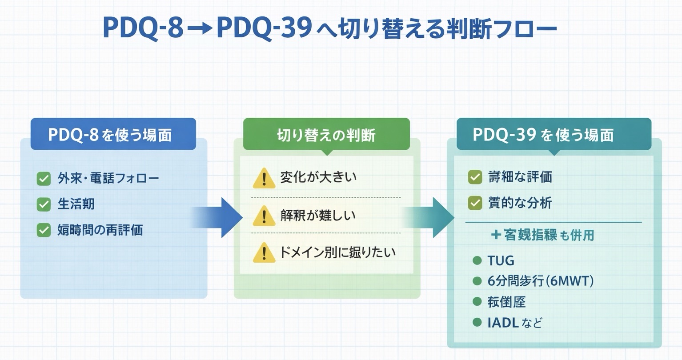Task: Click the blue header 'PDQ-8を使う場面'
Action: [x=113, y=134]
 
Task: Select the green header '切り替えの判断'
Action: [x=326, y=134]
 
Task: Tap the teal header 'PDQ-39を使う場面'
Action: [x=554, y=134]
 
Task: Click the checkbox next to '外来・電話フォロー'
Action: [x=44, y=179]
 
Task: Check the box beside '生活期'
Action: [x=44, y=204]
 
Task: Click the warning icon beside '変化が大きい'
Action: [x=264, y=178]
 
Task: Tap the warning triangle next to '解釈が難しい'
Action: [x=264, y=216]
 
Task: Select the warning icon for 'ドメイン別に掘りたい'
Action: [x=264, y=253]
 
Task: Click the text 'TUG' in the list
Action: [x=501, y=260]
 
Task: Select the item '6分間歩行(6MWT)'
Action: [x=540, y=281]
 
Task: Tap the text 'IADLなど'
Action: [x=514, y=322]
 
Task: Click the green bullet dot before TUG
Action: [x=477, y=260]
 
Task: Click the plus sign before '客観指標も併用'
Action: [x=496, y=235]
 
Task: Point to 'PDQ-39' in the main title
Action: [x=263, y=29]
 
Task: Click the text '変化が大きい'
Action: [x=318, y=177]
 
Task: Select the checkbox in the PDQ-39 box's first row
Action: [x=475, y=177]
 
